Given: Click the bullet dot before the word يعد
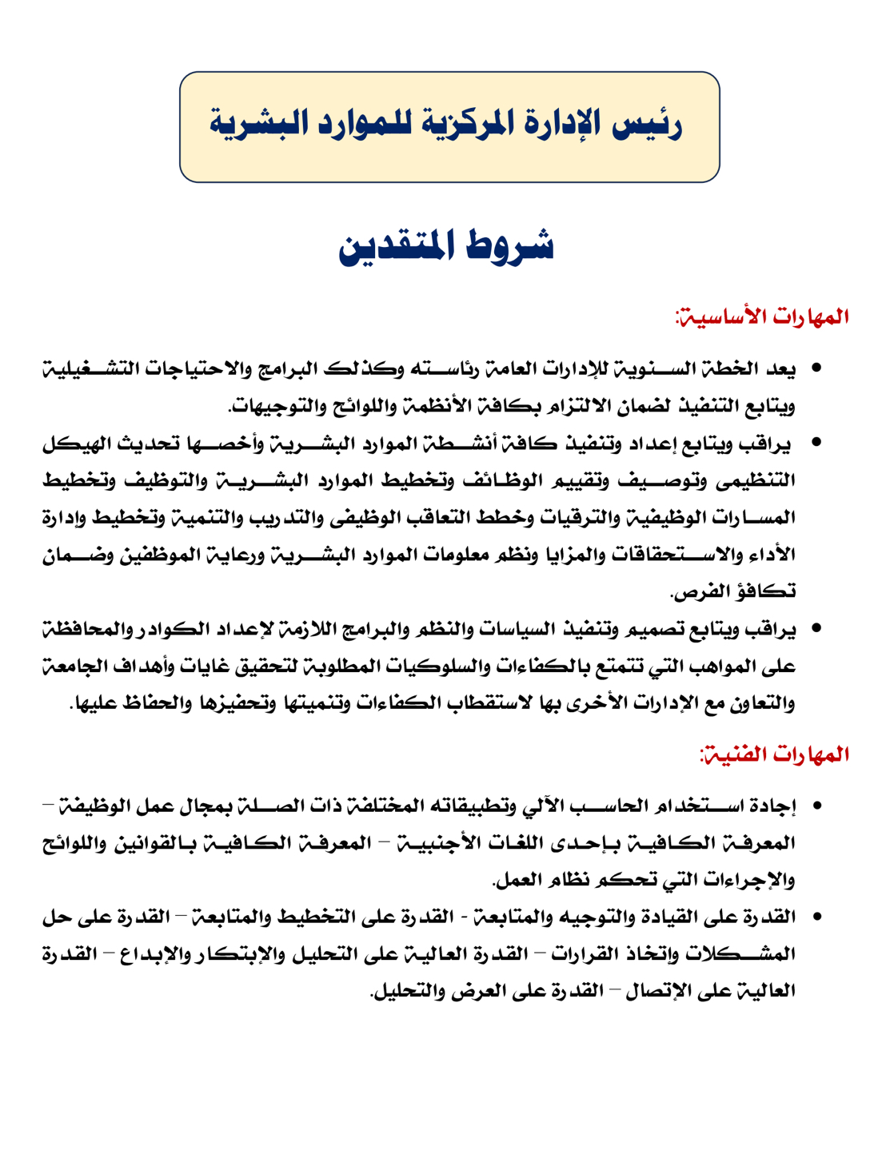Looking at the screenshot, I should (816, 369).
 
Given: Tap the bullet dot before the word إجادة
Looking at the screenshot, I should (816, 806).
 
